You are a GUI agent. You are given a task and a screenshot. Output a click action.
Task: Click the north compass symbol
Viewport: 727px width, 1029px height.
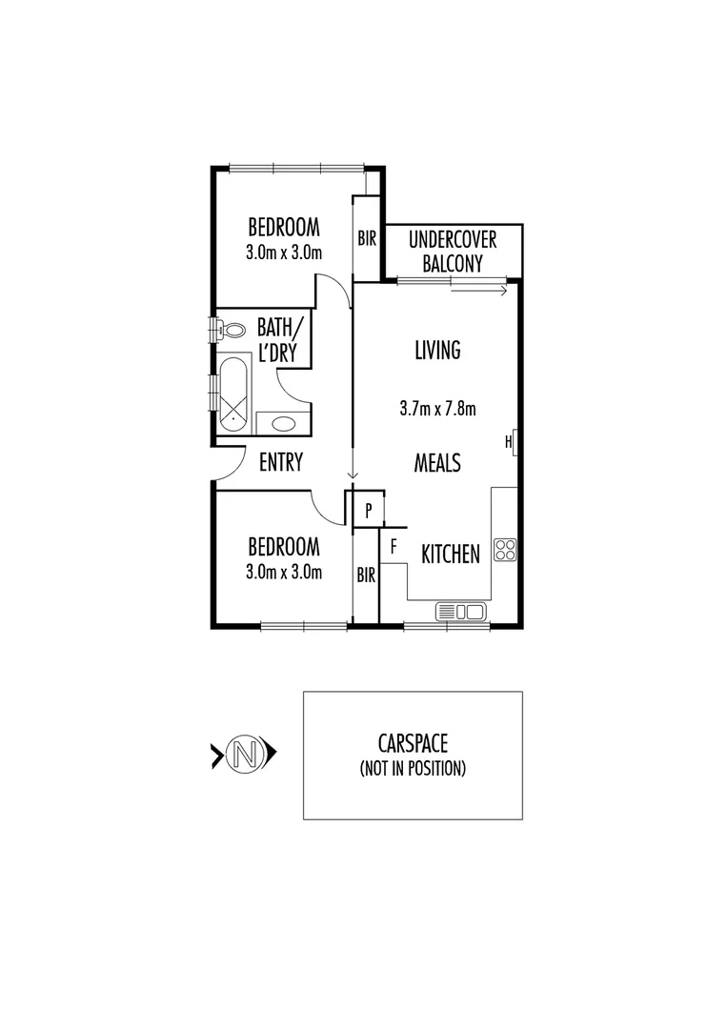coord(244,755)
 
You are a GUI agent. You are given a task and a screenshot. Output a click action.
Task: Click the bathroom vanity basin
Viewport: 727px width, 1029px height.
coord(282,422)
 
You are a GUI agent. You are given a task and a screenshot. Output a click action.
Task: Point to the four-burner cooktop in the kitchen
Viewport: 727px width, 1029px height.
coord(505,549)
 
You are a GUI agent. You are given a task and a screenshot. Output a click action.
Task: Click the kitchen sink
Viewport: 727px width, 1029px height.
coord(461,610)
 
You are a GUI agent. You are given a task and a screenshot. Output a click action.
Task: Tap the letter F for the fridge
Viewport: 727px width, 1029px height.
coord(393,548)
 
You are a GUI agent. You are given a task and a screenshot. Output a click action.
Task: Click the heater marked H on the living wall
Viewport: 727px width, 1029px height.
coord(513,442)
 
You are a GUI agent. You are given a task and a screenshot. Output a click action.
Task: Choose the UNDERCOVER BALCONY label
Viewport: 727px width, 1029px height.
coord(453,252)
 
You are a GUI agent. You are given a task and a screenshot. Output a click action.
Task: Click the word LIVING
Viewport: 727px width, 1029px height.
coord(437,350)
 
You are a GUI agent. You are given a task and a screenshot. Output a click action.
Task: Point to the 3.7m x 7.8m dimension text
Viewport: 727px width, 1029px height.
coord(437,409)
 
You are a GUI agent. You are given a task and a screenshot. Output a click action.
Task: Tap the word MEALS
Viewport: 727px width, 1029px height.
coord(437,463)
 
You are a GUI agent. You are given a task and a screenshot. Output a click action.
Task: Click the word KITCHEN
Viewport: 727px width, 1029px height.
coord(450,554)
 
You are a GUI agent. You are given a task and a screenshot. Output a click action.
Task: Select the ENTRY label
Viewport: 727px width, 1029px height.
coord(281,462)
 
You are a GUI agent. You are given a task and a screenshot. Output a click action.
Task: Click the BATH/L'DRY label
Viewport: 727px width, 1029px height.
coord(281,340)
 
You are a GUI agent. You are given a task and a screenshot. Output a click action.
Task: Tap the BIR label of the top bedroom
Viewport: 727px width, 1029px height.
coord(367,239)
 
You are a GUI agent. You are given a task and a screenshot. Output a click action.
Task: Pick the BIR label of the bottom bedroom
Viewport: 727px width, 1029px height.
coord(366,575)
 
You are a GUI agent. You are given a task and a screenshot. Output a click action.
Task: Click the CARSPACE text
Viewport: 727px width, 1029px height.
coord(413,743)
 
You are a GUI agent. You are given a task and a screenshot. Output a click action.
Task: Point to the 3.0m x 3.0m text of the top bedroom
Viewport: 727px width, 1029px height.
coord(284,252)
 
